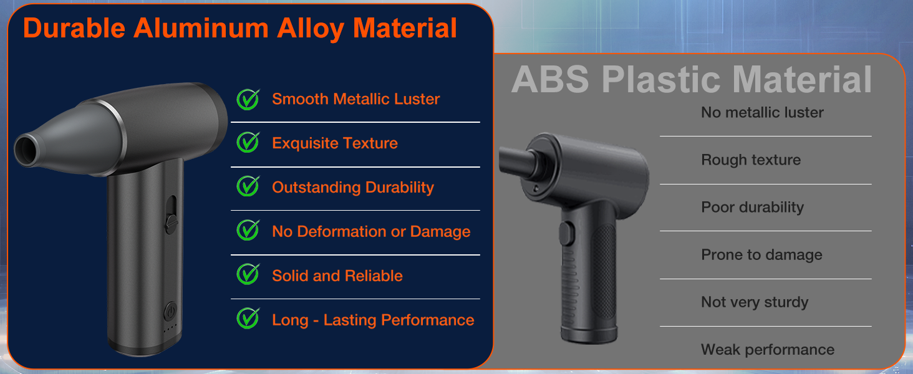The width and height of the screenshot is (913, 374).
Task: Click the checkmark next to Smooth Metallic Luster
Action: (248, 99)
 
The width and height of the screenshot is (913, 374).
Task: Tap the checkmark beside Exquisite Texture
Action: (248, 142)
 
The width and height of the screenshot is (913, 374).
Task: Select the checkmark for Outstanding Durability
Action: (248, 186)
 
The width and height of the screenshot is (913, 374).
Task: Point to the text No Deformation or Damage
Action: (371, 231)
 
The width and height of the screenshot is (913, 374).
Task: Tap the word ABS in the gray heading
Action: (550, 79)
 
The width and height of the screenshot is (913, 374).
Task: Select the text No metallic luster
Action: (762, 112)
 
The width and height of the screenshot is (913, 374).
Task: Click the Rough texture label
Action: (751, 160)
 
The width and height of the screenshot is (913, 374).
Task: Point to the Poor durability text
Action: (752, 208)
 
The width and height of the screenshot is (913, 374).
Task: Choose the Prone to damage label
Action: (761, 255)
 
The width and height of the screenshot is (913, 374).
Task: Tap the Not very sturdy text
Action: (755, 302)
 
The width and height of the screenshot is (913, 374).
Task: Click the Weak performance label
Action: (768, 350)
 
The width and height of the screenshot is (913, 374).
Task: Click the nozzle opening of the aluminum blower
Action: (27, 150)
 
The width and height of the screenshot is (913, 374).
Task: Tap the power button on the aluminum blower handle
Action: (170, 312)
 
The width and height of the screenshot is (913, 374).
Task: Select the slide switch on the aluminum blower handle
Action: (171, 214)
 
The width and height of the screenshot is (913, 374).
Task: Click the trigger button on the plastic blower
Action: (566, 233)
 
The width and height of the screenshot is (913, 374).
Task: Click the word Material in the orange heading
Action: (404, 28)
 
